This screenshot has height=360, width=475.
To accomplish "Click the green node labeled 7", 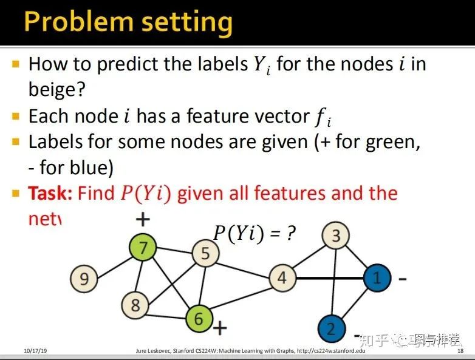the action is (x=144, y=247).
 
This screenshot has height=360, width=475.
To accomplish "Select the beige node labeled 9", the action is (x=84, y=279).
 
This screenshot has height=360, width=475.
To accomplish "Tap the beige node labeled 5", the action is (x=205, y=253).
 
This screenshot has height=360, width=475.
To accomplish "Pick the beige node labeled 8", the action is (x=135, y=305).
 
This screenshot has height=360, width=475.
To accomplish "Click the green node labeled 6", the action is (x=199, y=318).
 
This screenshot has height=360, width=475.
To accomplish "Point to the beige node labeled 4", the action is (x=281, y=278).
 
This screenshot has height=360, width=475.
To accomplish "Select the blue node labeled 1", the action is (x=377, y=278).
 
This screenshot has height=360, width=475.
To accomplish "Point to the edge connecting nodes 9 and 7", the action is (x=114, y=263).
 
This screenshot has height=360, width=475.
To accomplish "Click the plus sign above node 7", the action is (x=143, y=219).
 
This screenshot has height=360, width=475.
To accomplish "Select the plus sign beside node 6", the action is (x=220, y=329).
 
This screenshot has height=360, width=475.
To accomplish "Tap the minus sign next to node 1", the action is (x=402, y=279).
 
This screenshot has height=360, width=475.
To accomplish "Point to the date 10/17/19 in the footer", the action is (x=36, y=352).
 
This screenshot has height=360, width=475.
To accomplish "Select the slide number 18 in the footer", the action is (x=460, y=352).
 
